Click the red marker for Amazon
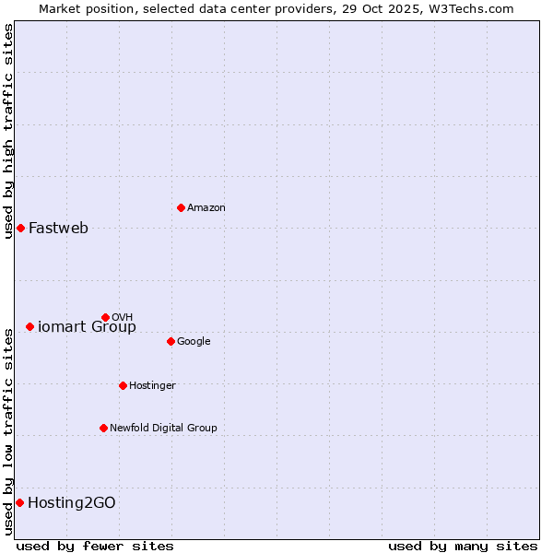tap(181, 207)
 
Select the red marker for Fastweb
tap(20, 228)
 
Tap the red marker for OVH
tap(105, 317)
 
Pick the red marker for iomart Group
tap(29, 326)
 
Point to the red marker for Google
tap(171, 341)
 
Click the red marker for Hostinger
tap(123, 385)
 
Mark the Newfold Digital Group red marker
tap(103, 428)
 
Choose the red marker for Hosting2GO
tap(19, 502)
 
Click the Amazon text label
tap(206, 208)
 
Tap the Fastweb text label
tap(58, 229)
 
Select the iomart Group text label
tap(87, 327)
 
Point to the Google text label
tap(194, 342)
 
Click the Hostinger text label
tap(152, 386)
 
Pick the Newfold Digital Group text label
tap(163, 429)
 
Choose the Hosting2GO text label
tap(72, 503)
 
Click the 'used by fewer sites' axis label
tap(95, 547)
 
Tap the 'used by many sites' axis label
tap(463, 547)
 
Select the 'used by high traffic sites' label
tap(8, 131)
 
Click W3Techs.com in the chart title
tap(473, 8)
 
